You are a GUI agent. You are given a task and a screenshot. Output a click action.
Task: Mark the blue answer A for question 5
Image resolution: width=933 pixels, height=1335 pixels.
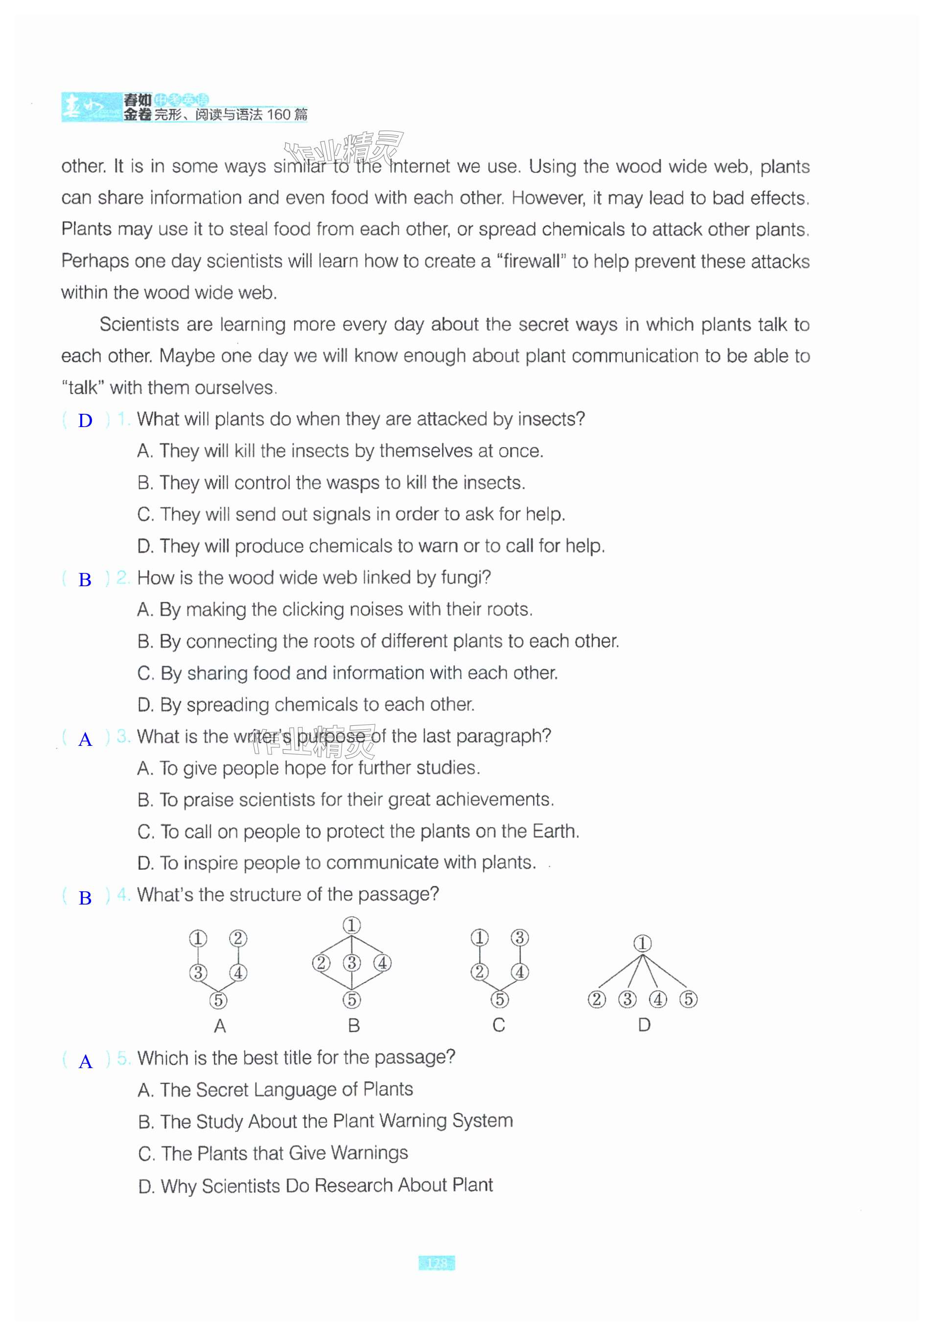coord(86,1062)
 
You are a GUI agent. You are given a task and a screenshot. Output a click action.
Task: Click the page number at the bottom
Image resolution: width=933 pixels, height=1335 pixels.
coord(437,1263)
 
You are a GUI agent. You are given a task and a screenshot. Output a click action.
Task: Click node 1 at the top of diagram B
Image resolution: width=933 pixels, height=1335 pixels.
coord(351,925)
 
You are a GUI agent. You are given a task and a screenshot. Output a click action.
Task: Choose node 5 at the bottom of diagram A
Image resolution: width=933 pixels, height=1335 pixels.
coord(218,1000)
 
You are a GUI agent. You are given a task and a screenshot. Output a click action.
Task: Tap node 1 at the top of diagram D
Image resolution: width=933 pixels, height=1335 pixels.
coord(642,943)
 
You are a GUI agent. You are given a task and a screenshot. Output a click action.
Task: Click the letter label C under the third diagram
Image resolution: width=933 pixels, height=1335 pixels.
coord(498,1025)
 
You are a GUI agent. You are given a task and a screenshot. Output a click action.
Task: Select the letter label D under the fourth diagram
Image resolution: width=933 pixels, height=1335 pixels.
coord(644,1025)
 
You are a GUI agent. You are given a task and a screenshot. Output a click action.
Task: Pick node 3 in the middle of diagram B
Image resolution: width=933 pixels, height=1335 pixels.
coord(351,963)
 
